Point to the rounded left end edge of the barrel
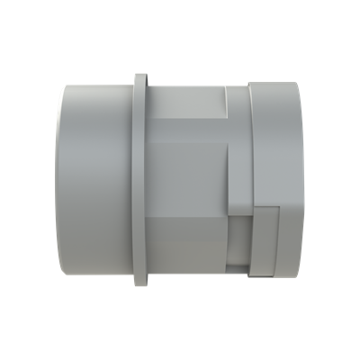coord(60,180)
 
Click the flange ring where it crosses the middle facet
coord(140,180)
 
